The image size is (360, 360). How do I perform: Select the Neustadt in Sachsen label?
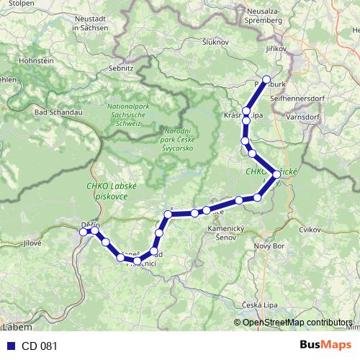tap(91, 23)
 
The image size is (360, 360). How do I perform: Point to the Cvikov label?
tap(310, 228)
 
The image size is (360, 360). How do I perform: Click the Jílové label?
tap(32, 243)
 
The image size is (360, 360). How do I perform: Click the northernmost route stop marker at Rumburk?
tap(266, 80)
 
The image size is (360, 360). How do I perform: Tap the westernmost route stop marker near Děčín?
tap(83, 231)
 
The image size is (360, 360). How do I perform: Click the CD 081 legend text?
tap(39, 345)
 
